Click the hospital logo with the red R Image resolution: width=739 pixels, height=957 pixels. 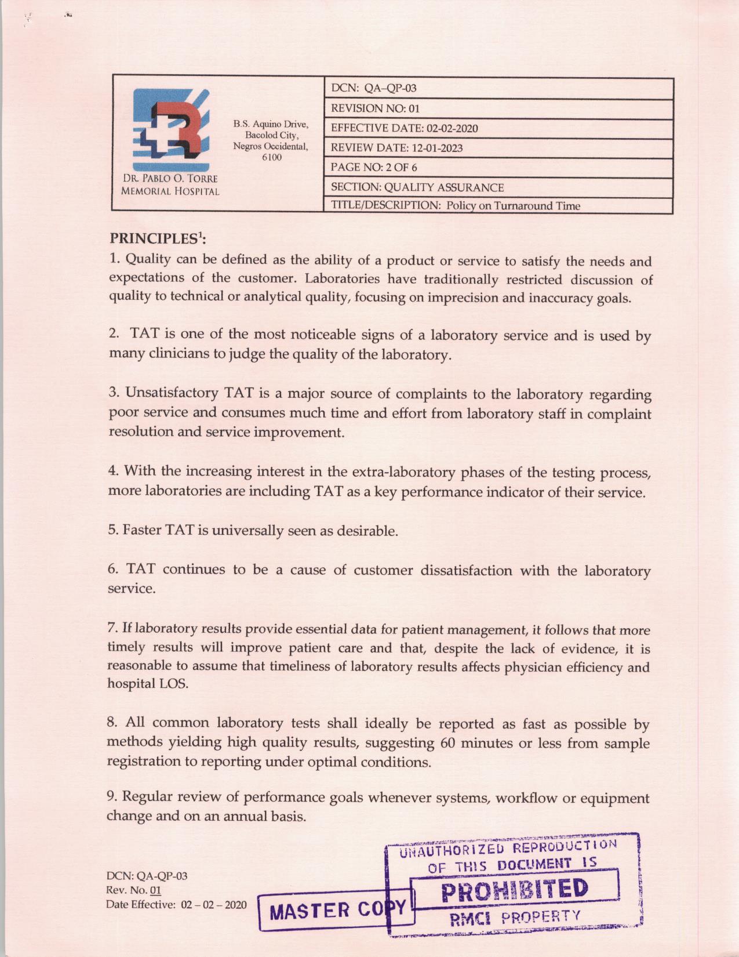(169, 128)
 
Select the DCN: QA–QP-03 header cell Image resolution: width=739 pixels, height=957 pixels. (498, 89)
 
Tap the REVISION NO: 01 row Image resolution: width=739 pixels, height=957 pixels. (498, 108)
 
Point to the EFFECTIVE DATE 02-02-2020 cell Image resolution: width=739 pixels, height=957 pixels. (498, 128)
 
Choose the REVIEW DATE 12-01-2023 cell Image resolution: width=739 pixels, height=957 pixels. (498, 148)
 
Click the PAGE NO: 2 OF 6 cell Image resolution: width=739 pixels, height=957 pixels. (498, 168)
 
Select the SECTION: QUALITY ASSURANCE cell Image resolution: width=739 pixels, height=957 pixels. (498, 187)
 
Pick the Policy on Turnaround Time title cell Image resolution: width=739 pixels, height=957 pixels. (498, 205)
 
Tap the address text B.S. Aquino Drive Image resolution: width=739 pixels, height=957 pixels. (271, 124)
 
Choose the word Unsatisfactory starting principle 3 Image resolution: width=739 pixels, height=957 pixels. (172, 393)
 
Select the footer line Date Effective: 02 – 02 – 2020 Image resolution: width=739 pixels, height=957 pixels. (176, 905)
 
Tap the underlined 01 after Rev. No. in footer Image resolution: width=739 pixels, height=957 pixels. (155, 891)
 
